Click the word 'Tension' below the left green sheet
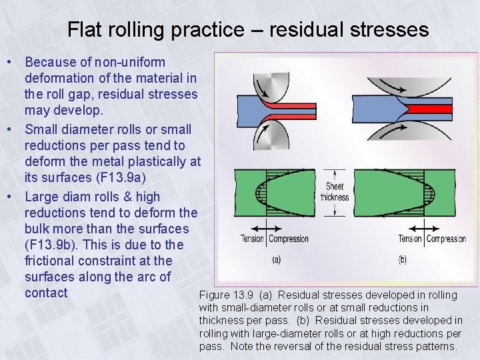(x=252, y=239)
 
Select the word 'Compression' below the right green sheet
(x=446, y=239)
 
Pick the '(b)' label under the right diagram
(x=401, y=260)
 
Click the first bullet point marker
(x=11, y=62)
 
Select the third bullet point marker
(x=11, y=197)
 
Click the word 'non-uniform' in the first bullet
(x=129, y=62)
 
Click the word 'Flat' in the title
(x=83, y=29)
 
